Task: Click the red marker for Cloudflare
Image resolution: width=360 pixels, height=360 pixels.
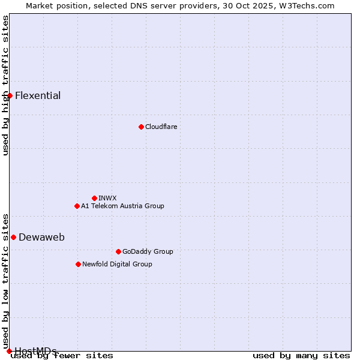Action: tap(141, 127)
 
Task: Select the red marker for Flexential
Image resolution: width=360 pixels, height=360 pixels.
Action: tap(10, 95)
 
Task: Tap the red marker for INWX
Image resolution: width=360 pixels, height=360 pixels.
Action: tap(94, 198)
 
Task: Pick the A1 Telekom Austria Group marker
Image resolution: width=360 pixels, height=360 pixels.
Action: tap(77, 206)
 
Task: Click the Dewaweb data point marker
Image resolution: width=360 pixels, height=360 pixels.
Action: tap(13, 237)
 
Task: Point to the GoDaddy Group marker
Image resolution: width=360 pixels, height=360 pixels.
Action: tap(118, 251)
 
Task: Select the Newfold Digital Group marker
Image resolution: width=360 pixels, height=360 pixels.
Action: tap(78, 264)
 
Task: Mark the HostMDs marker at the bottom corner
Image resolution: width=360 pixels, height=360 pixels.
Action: tap(9, 351)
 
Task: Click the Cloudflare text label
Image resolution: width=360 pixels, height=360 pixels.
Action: tap(161, 127)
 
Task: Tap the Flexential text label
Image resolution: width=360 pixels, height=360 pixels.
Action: tap(38, 95)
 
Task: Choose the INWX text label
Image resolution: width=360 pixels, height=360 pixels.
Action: tap(107, 198)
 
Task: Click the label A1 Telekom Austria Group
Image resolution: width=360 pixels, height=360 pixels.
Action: tap(122, 206)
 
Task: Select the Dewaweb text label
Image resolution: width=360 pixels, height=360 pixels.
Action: tap(41, 237)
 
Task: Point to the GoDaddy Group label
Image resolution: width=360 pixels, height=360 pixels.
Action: tap(148, 251)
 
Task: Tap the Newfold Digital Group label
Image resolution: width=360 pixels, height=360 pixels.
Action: tap(117, 264)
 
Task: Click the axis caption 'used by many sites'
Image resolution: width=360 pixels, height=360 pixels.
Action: tap(301, 355)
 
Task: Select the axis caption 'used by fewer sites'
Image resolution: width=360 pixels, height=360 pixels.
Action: tap(62, 355)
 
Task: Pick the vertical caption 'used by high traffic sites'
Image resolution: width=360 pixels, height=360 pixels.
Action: tap(5, 85)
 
